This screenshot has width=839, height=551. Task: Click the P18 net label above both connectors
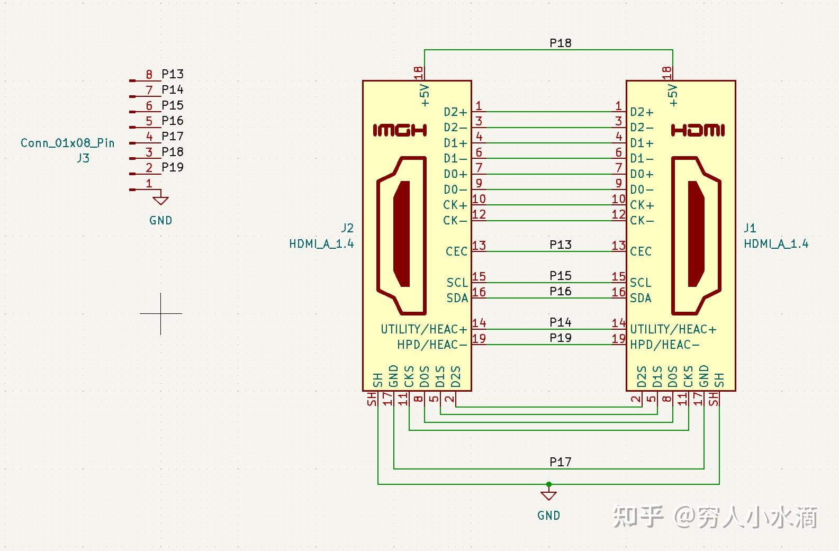(x=560, y=43)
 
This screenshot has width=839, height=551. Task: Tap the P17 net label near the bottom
(x=560, y=462)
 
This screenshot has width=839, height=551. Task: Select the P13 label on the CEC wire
(x=560, y=245)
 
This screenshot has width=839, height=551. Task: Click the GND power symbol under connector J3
(x=160, y=201)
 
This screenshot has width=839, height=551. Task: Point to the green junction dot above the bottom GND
(x=549, y=484)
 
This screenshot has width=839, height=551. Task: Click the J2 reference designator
(x=347, y=228)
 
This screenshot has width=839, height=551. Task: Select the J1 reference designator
(x=750, y=228)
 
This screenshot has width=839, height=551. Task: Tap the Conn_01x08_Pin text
(x=67, y=143)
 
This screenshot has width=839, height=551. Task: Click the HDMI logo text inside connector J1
(x=698, y=130)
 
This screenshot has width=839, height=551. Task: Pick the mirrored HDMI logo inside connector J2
(x=400, y=130)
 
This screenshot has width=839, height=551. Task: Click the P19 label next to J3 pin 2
(x=173, y=167)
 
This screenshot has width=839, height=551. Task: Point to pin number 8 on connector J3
(x=149, y=75)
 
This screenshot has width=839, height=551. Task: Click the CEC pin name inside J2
(x=456, y=251)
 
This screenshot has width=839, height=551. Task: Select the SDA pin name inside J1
(x=640, y=298)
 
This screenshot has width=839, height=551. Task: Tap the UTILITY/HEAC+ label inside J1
(x=673, y=329)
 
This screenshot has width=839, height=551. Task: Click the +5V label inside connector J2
(x=425, y=95)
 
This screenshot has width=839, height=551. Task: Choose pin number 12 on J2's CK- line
(x=479, y=214)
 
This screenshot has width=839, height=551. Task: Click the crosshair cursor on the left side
(x=161, y=313)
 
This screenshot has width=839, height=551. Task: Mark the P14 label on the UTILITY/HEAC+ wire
(x=560, y=322)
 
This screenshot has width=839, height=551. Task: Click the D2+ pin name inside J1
(x=642, y=112)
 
